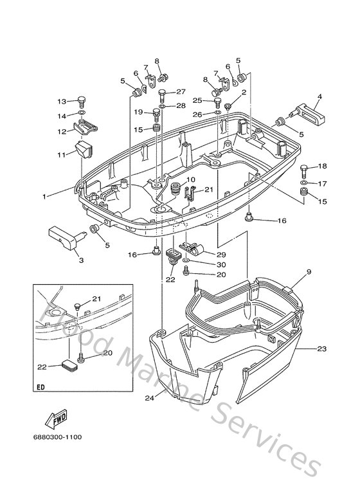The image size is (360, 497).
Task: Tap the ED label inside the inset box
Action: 41,389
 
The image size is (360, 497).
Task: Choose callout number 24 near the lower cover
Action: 149,399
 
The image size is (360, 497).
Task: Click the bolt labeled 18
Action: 304,169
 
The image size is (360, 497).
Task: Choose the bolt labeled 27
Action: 163,94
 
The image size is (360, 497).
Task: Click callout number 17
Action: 323,183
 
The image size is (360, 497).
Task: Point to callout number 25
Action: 197,100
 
